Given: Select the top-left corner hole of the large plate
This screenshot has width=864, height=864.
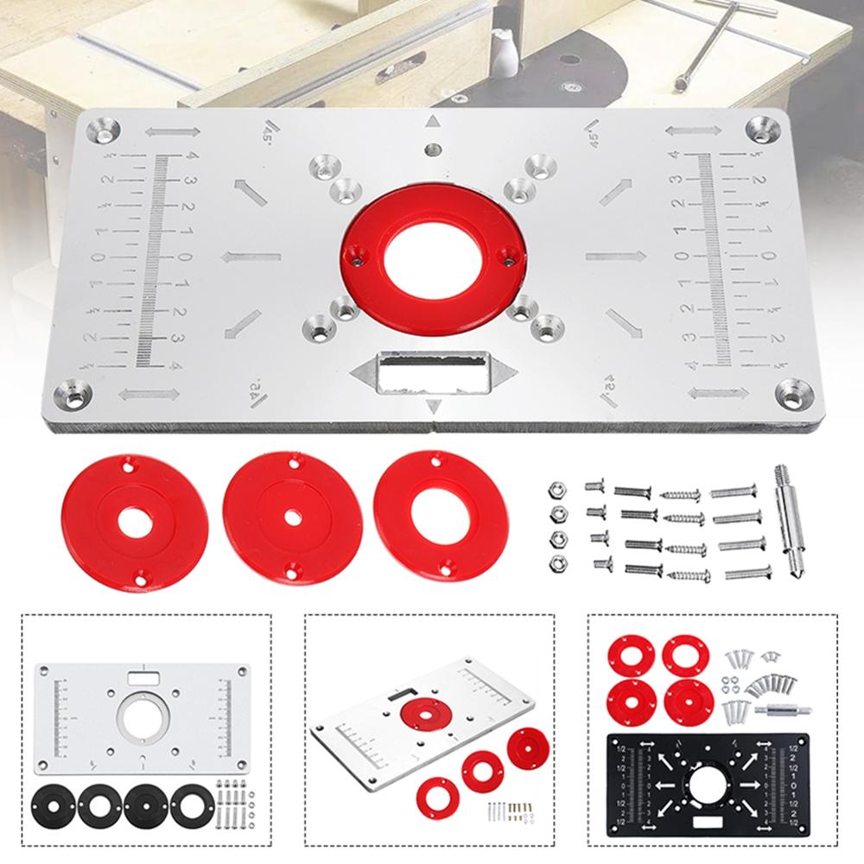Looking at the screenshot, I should (x=101, y=130).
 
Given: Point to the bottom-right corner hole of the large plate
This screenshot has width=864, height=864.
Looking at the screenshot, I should (x=791, y=393).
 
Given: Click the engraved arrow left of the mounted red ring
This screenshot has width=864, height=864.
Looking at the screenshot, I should (x=252, y=256).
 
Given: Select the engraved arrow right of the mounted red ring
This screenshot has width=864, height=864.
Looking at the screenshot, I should (x=615, y=254).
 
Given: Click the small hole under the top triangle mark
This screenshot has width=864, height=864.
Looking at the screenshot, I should (x=433, y=149).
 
